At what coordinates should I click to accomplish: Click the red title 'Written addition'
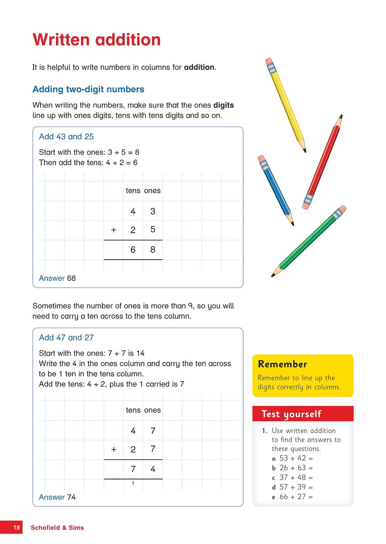96,40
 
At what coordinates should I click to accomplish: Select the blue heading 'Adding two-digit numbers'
88,89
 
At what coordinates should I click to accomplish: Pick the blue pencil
276,191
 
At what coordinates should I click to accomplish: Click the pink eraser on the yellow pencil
269,61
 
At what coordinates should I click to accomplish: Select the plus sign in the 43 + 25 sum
113,230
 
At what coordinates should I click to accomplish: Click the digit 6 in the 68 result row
133,250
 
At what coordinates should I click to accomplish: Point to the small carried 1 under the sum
133,483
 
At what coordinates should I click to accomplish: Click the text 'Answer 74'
57,497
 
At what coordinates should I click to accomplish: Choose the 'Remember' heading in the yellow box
283,364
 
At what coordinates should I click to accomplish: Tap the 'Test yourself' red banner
291,414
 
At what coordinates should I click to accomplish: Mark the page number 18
16,527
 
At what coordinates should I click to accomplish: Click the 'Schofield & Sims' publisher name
57,527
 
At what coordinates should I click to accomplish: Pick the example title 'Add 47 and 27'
66,338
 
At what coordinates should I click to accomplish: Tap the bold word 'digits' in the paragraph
223,105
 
